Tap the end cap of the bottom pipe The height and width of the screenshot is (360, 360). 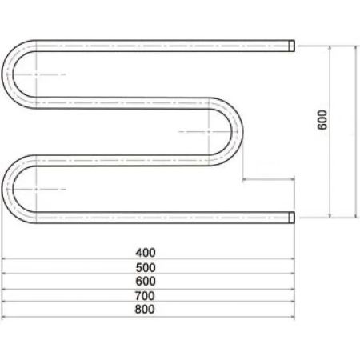tap(293, 216)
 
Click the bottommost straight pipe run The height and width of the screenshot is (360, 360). tap(160, 216)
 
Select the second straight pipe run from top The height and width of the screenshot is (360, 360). tap(120, 102)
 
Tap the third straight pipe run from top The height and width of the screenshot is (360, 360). tap(120, 159)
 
